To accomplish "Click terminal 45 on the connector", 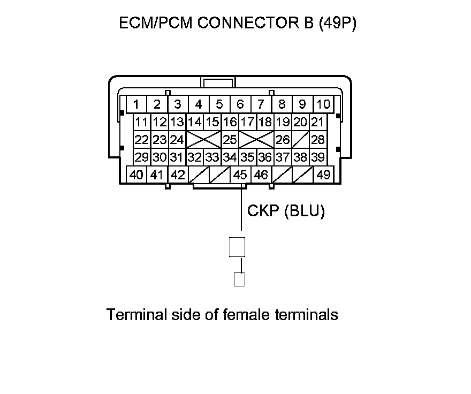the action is (x=240, y=175).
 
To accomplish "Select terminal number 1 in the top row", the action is (x=137, y=104).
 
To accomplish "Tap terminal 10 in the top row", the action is (x=323, y=104).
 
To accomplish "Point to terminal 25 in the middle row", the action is (x=230, y=140).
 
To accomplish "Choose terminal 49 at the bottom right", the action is (x=323, y=175).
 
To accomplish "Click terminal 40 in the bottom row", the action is (x=136, y=175).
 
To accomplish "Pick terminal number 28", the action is (x=318, y=140).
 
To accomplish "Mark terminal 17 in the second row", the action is (x=247, y=122).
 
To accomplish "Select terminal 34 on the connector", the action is (x=230, y=157).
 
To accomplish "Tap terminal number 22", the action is (x=141, y=140).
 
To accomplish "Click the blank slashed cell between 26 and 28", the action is (x=300, y=140).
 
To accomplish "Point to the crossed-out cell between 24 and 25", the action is (x=203, y=140).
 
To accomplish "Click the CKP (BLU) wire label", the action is (x=286, y=211).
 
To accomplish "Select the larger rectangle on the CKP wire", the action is (x=237, y=247).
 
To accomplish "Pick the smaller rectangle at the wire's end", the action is (x=240, y=279).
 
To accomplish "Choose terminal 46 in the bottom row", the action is (x=261, y=175).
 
